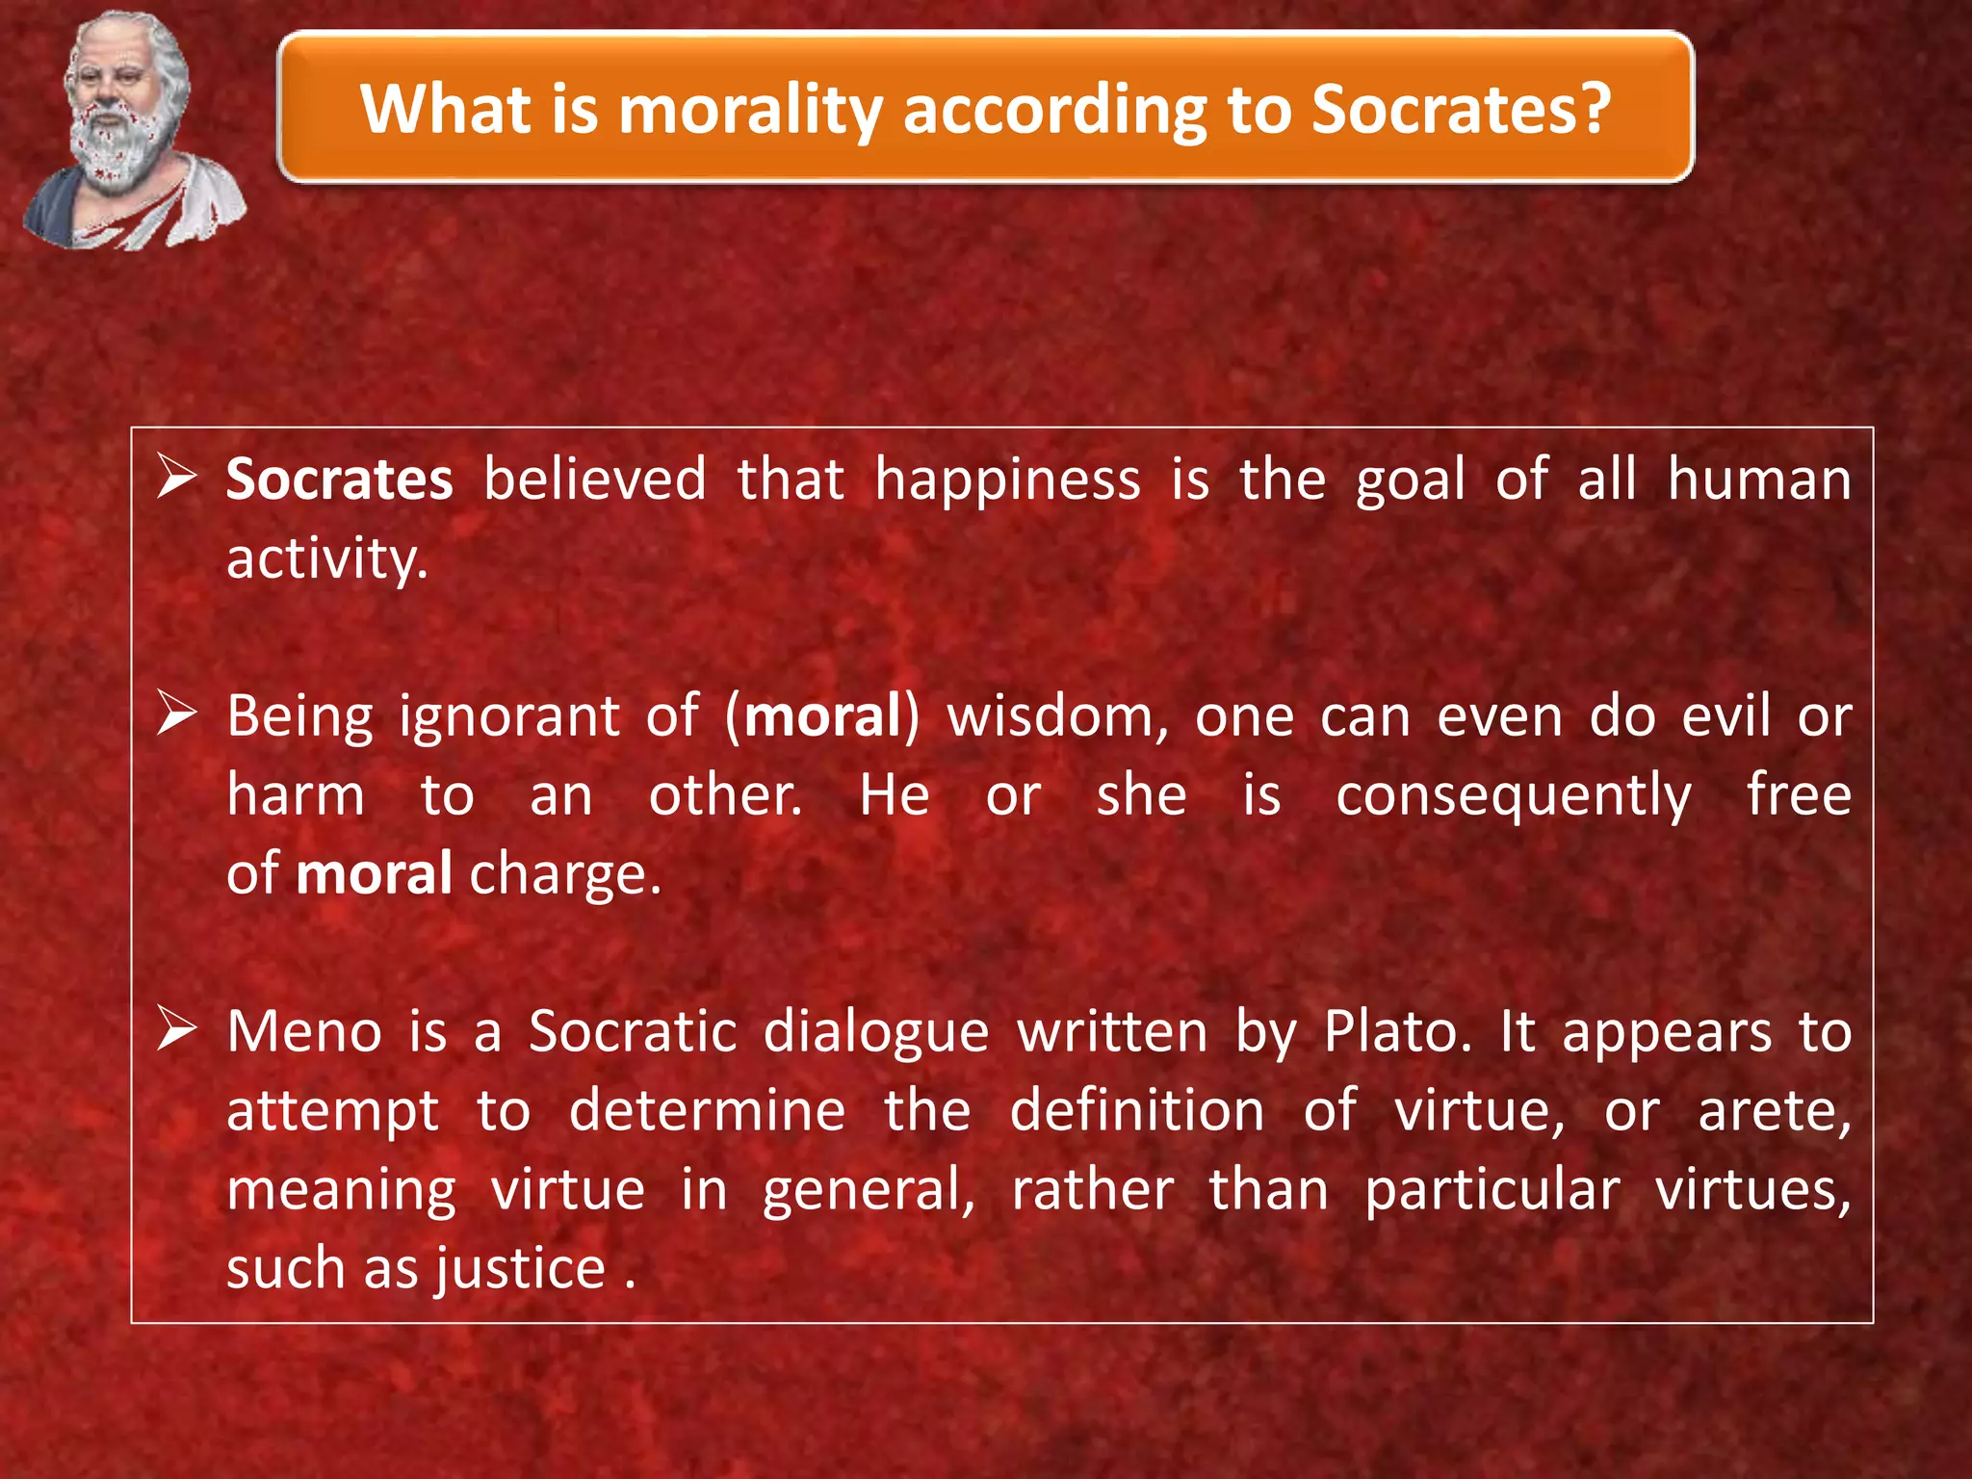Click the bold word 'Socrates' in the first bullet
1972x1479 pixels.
coord(339,480)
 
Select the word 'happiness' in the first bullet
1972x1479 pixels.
coord(1007,480)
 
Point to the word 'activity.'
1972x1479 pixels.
coord(326,559)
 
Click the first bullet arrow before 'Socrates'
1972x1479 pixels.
coord(178,479)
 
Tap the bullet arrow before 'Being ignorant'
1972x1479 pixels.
coord(178,715)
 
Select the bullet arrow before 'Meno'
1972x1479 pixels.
coord(178,1030)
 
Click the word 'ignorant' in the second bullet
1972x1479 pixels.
coord(509,717)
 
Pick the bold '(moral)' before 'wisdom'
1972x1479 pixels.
coord(822,717)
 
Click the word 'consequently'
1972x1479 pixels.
coord(1513,796)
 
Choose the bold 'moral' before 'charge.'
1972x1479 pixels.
coord(374,874)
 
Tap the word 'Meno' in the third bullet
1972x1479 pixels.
coord(304,1031)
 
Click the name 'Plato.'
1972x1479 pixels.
coord(1398,1031)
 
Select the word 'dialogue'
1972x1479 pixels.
coord(876,1031)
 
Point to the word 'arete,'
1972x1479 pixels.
coord(1774,1111)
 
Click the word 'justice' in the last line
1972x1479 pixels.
coord(520,1268)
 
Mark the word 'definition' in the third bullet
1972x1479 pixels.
coord(1137,1111)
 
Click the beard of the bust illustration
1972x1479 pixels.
coord(119,154)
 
